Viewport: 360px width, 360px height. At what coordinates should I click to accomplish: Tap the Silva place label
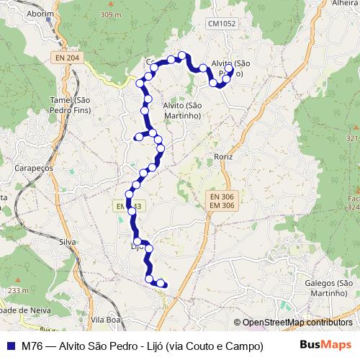tap(68, 243)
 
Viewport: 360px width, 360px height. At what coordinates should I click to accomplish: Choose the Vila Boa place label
tap(103, 318)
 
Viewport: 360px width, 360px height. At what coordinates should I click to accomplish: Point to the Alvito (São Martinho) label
tap(181, 109)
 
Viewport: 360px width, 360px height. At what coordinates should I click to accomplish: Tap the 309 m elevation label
tap(110, 14)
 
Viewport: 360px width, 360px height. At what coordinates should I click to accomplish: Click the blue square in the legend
tap(10, 345)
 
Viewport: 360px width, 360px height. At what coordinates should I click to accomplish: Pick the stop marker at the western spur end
tap(139, 136)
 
